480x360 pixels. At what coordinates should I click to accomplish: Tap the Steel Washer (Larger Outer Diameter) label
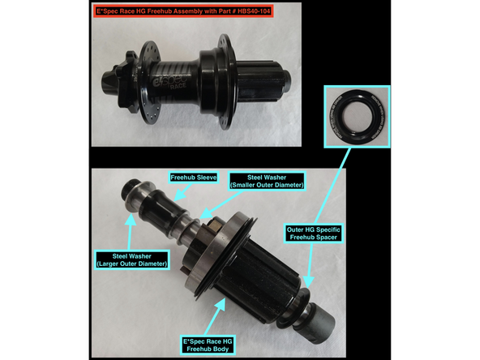pos(133,259)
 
